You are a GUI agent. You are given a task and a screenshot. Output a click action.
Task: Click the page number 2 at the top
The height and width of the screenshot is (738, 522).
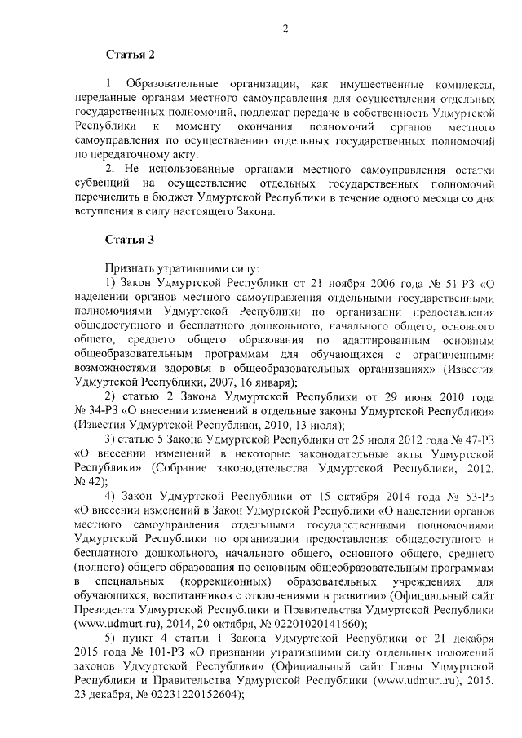pyautogui.click(x=285, y=29)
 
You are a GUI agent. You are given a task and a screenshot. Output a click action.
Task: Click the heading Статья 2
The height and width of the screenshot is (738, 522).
pyautogui.click(x=129, y=55)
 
